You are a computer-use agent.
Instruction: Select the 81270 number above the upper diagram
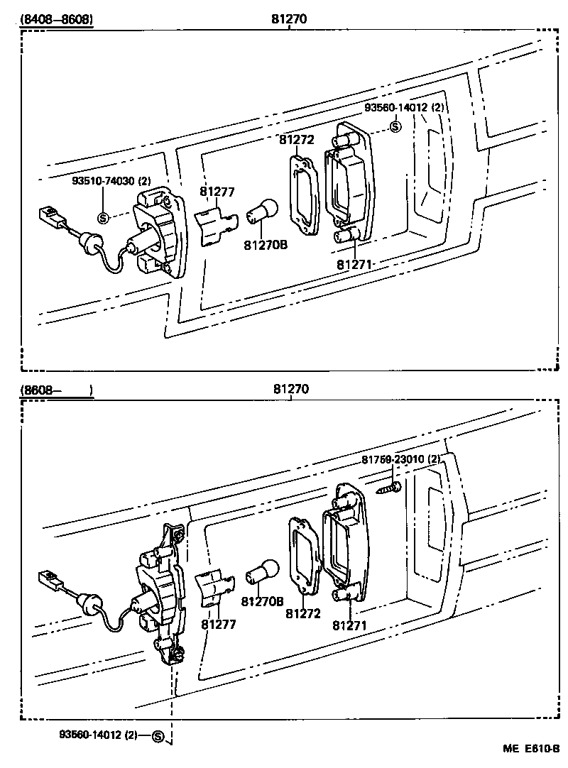click(288, 19)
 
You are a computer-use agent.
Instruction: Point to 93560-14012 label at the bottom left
click(99, 736)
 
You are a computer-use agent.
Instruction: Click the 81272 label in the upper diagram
click(296, 141)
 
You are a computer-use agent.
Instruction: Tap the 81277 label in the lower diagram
click(218, 624)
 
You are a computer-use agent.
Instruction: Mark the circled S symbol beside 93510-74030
click(102, 218)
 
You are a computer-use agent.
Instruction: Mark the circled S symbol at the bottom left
click(158, 737)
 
